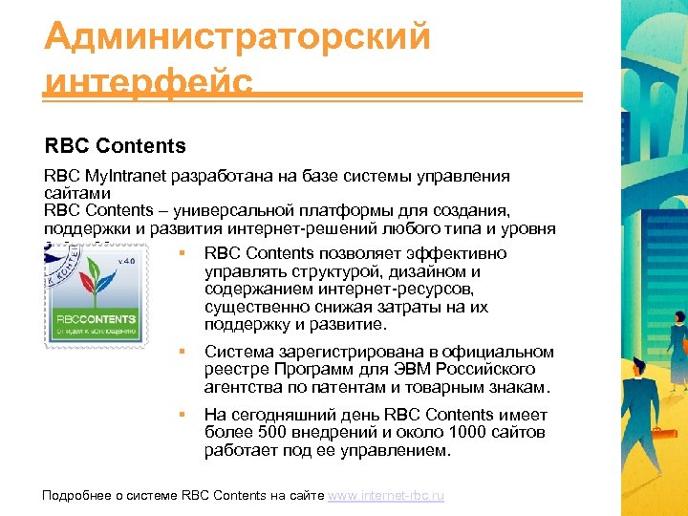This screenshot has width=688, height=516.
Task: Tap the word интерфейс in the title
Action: click(x=148, y=82)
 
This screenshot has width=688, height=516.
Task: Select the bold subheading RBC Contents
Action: click(x=115, y=146)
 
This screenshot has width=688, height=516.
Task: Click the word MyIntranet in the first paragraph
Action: click(x=123, y=176)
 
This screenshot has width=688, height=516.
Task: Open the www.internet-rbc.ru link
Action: click(x=386, y=495)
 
